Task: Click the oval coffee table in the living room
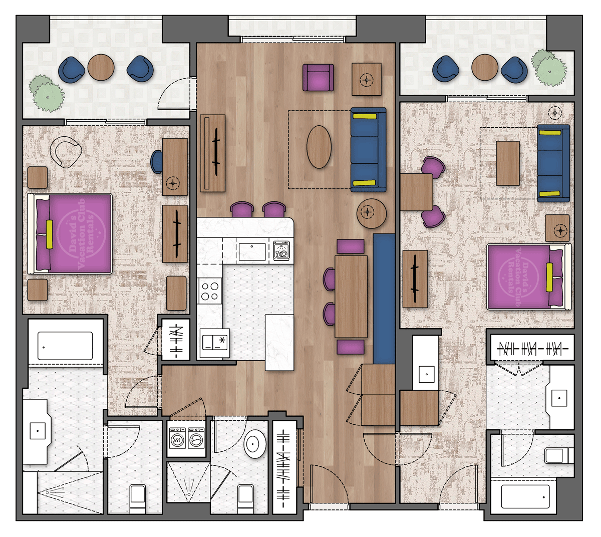[x=319, y=146]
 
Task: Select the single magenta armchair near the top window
[x=318, y=78]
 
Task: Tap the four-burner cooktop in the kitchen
[x=210, y=291]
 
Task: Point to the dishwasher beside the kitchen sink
[x=281, y=250]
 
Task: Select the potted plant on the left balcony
[x=47, y=93]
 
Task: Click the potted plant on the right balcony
[x=549, y=68]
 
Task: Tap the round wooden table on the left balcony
[x=101, y=68]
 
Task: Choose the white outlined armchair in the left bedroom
[x=67, y=151]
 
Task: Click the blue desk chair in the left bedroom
[x=157, y=162]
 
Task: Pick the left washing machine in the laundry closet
[x=177, y=440]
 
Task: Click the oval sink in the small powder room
[x=255, y=443]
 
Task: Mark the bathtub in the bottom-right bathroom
[x=525, y=496]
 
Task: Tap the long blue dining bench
[x=384, y=299]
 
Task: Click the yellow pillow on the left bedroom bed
[x=50, y=234]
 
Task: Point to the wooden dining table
[x=351, y=296]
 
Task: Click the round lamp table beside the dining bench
[x=371, y=213]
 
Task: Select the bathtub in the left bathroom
[x=65, y=346]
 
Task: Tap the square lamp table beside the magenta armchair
[x=367, y=79]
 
